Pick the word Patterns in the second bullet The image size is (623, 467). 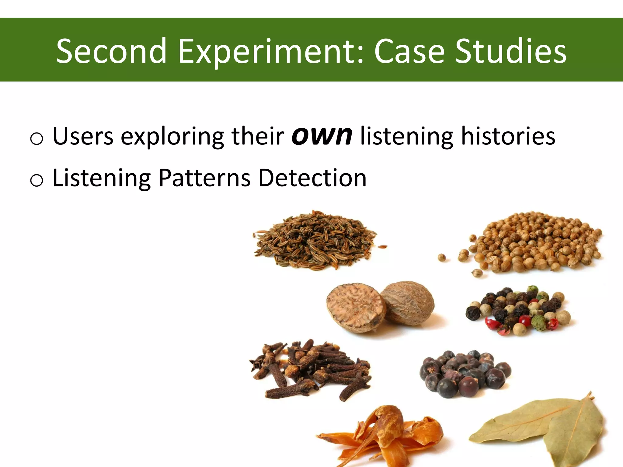point(204,178)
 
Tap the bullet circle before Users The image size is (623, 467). point(37,139)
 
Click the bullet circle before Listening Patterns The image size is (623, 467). point(37,181)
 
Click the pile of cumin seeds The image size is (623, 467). point(315,240)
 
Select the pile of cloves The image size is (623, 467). point(313,369)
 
